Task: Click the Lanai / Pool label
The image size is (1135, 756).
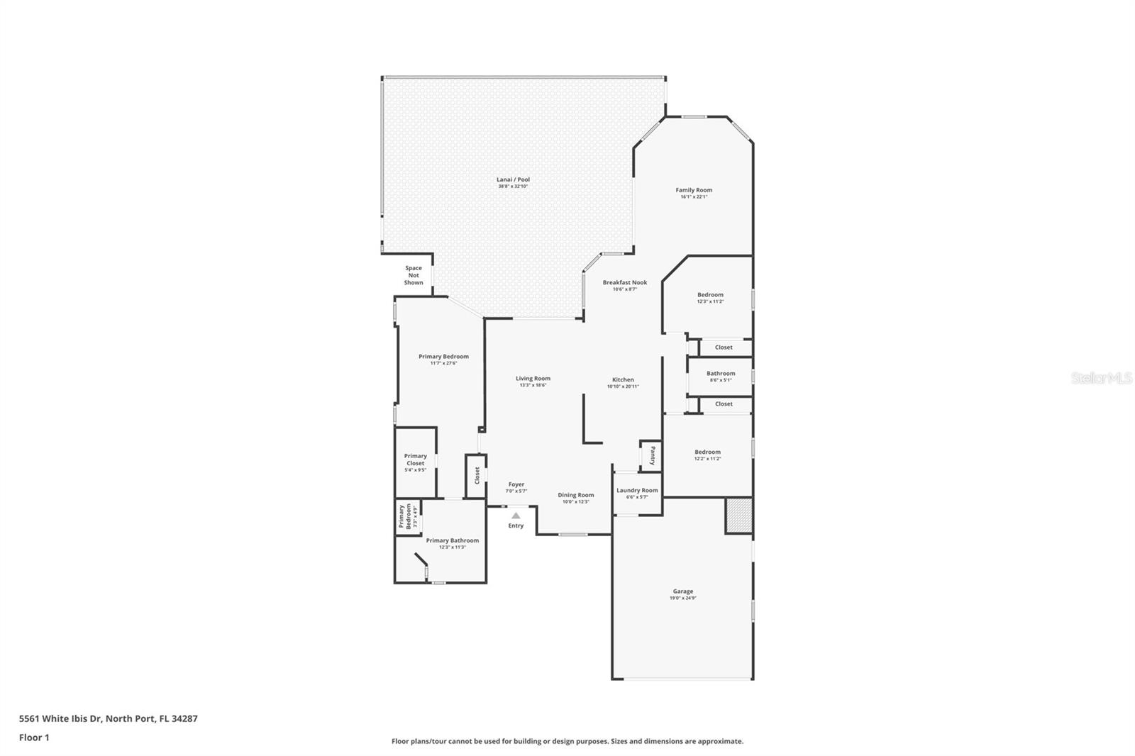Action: tap(513, 179)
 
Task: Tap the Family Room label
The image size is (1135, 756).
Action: tap(694, 190)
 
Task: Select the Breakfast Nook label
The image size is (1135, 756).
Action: tap(625, 282)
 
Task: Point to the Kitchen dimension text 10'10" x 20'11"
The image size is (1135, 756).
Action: tap(623, 387)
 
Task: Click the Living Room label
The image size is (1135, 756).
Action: tap(533, 379)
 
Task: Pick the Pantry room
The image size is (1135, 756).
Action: tap(651, 455)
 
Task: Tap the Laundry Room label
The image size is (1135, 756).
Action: tap(637, 490)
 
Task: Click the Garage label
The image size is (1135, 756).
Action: tap(683, 591)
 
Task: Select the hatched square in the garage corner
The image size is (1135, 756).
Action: tap(738, 516)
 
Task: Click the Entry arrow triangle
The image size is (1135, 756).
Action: tap(516, 516)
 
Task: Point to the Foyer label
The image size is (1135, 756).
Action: tap(516, 484)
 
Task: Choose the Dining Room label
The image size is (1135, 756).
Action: tap(575, 495)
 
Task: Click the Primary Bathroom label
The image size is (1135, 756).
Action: tap(452, 540)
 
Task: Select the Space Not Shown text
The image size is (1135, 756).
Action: tap(414, 275)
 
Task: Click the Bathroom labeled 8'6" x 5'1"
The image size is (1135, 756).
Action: tap(721, 374)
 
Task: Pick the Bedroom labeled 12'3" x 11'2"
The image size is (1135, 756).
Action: tap(710, 295)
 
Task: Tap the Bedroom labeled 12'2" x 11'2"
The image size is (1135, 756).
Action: tap(707, 452)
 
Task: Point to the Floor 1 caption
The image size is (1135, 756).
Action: tap(34, 738)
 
